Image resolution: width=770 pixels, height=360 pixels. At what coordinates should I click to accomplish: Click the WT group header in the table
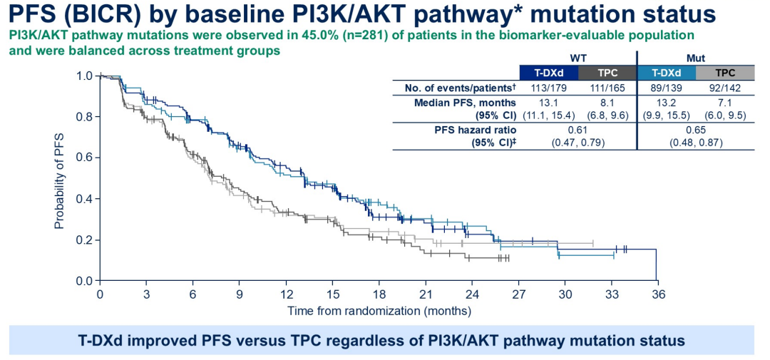point(578,58)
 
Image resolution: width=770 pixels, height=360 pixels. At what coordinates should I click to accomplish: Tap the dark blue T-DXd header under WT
point(548,73)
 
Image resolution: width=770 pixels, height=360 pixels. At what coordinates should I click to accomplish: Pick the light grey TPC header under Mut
point(724,73)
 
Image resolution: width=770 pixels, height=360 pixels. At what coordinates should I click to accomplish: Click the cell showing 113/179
point(548,88)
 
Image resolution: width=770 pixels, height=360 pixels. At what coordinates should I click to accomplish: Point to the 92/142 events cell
point(724,88)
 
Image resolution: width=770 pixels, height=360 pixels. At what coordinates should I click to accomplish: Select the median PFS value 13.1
point(548,102)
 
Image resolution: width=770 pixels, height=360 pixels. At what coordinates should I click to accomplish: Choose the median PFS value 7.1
point(724,102)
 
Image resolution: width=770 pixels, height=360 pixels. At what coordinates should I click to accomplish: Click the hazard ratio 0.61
point(578,130)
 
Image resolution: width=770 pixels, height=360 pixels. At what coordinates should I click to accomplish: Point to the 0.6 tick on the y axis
point(84,158)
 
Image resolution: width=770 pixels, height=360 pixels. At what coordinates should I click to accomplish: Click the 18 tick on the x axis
point(379,294)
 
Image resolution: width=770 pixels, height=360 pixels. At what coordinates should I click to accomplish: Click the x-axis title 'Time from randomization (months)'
point(379,311)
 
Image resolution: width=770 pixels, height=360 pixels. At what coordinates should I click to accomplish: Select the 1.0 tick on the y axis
point(84,76)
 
